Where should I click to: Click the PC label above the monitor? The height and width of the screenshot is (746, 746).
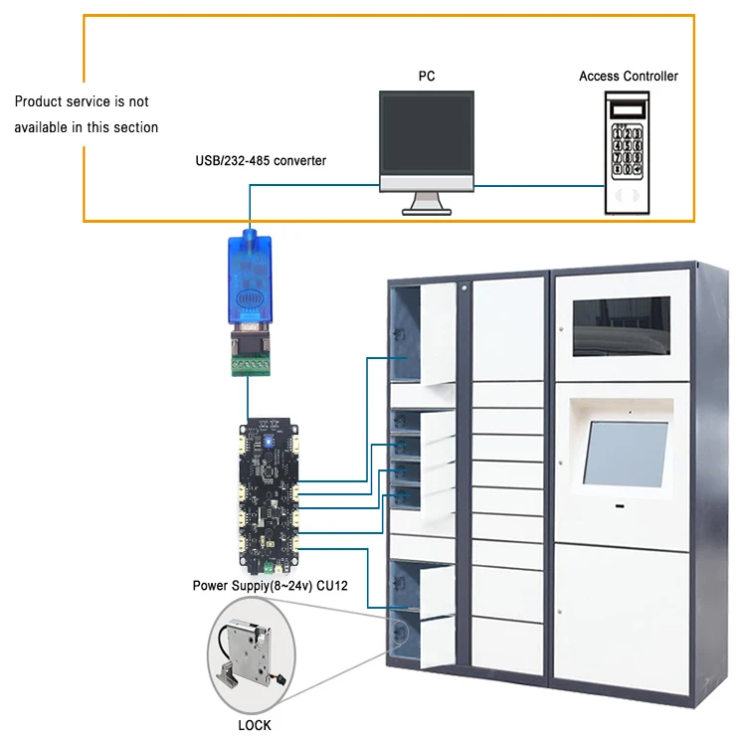[426, 76]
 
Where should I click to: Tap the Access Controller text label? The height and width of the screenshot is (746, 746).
[629, 76]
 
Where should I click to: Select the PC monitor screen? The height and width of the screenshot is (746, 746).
[426, 135]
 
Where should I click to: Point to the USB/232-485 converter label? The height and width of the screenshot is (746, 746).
[261, 160]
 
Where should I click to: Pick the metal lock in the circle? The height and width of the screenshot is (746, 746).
[248, 656]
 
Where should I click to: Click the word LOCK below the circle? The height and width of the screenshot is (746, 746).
[255, 725]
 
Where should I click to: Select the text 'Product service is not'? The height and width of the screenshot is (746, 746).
[82, 101]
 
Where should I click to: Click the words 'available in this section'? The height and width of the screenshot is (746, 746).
[86, 127]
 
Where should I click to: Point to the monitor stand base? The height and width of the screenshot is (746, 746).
[426, 209]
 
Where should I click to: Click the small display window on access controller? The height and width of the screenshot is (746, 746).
[628, 107]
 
